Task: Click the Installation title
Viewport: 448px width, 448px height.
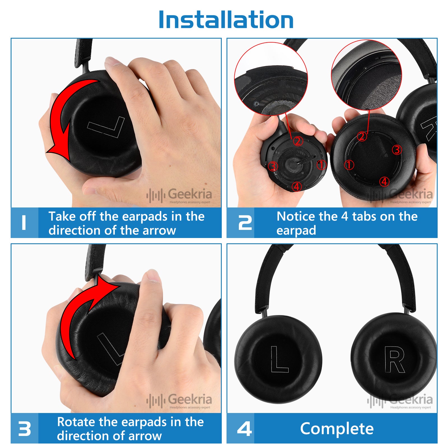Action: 226,20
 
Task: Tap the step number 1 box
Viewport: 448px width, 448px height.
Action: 25,223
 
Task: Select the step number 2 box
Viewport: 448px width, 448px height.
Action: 241,223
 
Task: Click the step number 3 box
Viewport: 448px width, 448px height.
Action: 25,428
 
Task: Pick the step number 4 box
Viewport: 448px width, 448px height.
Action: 241,428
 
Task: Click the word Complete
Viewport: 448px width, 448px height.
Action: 337,429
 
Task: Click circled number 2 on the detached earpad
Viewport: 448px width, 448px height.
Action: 362,136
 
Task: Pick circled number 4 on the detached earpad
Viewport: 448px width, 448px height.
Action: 384,182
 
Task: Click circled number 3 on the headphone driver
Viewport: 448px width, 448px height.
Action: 273,166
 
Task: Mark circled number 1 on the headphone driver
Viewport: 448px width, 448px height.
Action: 321,165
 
